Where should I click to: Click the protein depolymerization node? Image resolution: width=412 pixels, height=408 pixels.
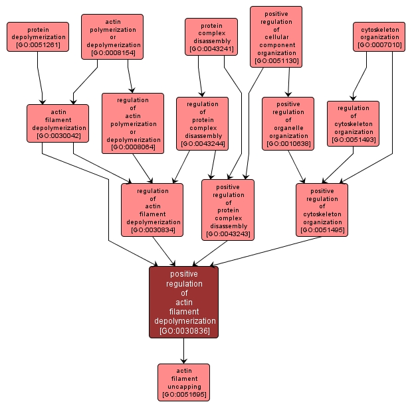tap(38, 37)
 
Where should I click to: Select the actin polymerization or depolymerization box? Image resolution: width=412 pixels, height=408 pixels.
tap(112, 36)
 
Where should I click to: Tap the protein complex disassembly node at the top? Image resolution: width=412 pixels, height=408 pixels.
tap(211, 36)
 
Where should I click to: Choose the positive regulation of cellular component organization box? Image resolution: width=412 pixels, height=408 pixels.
tap(276, 36)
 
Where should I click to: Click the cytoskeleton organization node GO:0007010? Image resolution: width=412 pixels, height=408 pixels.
tap(379, 36)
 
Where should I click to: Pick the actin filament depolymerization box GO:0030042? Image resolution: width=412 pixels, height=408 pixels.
tap(58, 123)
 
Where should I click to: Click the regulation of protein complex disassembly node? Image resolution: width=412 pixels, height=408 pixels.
tap(202, 123)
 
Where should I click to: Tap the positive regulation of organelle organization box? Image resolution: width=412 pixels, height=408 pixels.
tap(288, 123)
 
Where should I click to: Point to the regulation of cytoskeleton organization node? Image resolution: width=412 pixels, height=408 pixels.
tap(353, 123)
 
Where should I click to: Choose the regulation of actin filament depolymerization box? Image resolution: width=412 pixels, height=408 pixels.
tap(152, 210)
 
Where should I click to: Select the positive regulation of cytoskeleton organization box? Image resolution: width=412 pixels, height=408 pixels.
tap(322, 210)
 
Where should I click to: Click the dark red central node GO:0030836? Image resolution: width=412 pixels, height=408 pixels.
tap(183, 302)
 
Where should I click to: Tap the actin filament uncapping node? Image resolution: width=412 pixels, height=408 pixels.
tap(183, 382)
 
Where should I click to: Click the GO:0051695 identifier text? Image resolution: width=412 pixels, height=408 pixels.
tap(183, 395)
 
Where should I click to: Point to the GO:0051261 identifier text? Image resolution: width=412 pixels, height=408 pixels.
tap(38, 45)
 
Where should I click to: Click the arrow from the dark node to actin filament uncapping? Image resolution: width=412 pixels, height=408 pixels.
tap(183, 351)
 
